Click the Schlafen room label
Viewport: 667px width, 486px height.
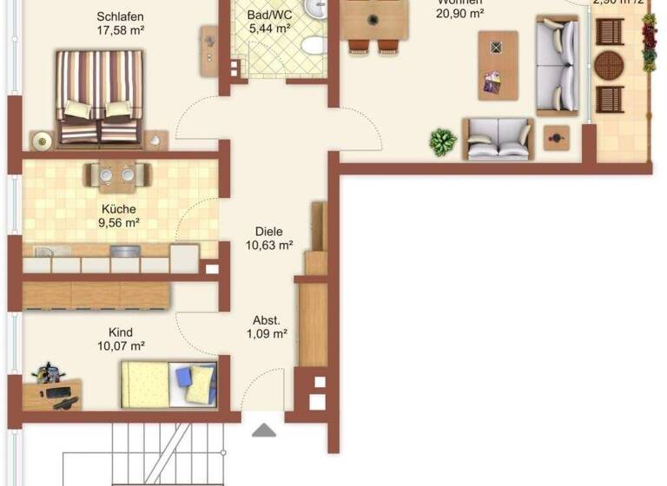(x=120, y=16)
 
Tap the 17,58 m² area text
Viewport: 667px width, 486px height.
(x=120, y=30)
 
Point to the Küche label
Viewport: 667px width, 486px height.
(x=119, y=208)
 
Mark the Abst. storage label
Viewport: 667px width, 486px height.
(x=267, y=319)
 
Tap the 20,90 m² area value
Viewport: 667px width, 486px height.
(x=460, y=13)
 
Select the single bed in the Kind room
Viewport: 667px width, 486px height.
(x=168, y=384)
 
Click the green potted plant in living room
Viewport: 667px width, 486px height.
(x=443, y=141)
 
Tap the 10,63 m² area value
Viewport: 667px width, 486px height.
(x=269, y=245)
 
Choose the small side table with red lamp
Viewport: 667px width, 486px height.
(x=555, y=138)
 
